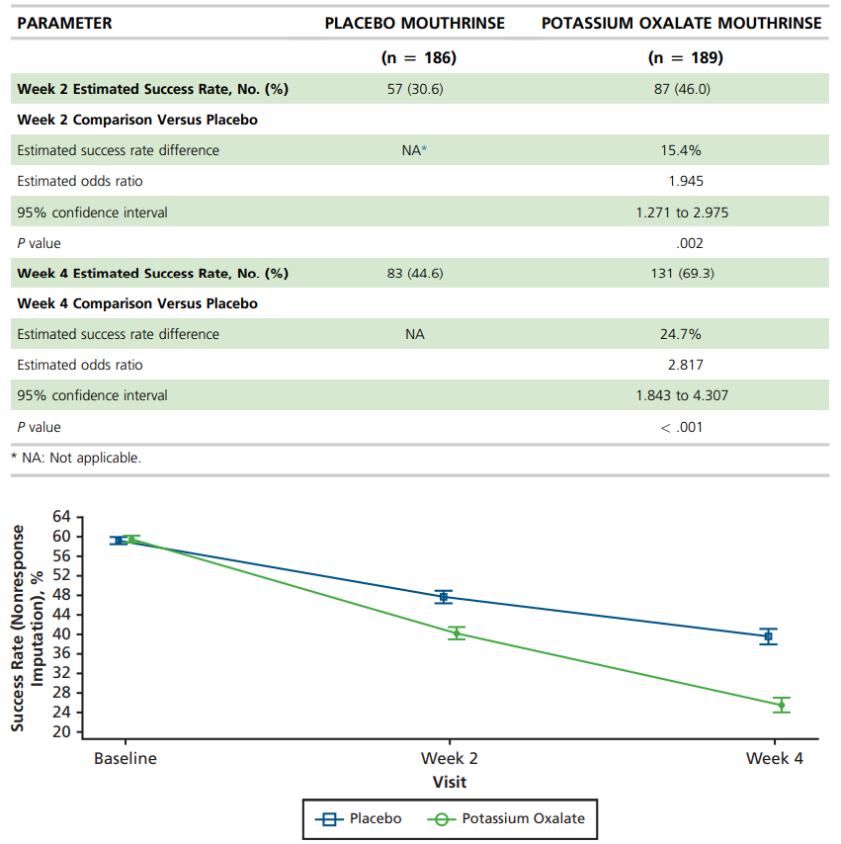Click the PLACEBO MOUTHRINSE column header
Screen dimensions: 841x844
coord(415,23)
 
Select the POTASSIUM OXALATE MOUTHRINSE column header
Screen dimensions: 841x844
coord(682,23)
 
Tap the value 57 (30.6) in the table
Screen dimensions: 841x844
coord(415,89)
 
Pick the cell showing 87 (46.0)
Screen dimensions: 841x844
coord(682,89)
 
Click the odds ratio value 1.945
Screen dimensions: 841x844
coord(686,181)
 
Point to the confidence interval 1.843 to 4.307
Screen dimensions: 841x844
coord(682,395)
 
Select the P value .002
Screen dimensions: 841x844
coord(690,243)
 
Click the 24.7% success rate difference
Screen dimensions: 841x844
coord(681,334)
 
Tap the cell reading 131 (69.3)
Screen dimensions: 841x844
coord(682,274)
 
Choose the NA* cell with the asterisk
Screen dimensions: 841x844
coord(414,150)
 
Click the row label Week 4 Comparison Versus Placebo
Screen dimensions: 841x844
coord(137,303)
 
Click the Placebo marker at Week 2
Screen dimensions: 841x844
coord(444,597)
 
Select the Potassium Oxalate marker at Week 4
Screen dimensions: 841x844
coord(782,705)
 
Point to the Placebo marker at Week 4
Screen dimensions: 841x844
coord(768,636)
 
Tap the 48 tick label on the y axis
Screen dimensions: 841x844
coord(61,595)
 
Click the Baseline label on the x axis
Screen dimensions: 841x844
coord(126,758)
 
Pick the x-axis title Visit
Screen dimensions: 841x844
coord(450,782)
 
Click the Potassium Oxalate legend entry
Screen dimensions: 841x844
coord(506,818)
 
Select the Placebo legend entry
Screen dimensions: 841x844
coord(359,818)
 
